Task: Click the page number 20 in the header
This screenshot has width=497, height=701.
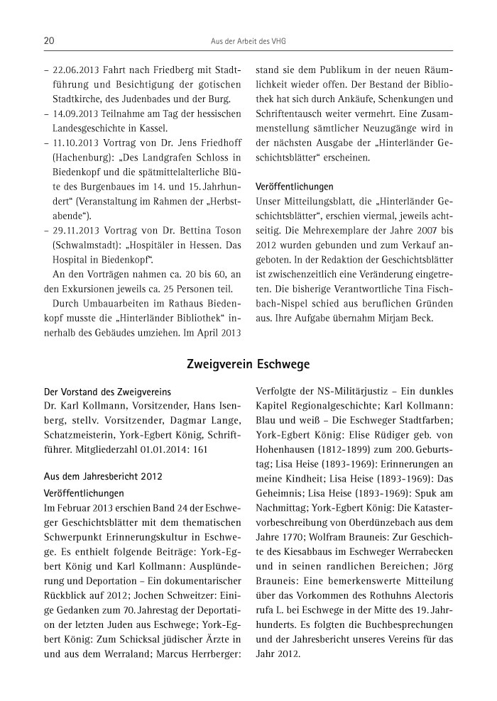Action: click(49, 42)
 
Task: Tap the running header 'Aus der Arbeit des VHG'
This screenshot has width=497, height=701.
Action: click(248, 42)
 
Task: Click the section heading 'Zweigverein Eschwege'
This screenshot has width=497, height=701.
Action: click(248, 365)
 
